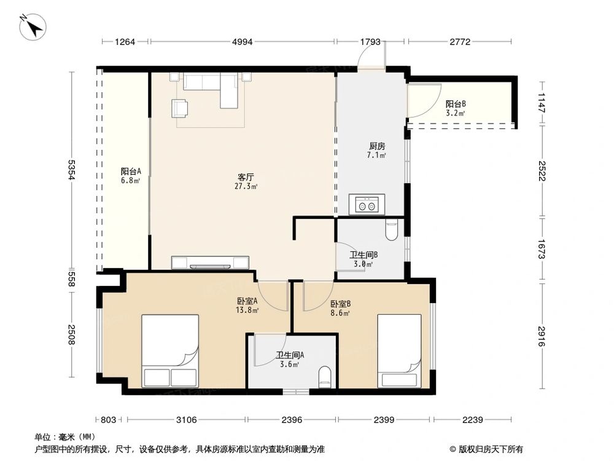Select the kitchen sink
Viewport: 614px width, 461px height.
pyautogui.click(x=367, y=205)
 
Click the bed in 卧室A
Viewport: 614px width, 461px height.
pyautogui.click(x=170, y=351)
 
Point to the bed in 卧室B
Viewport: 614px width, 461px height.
pyautogui.click(x=399, y=351)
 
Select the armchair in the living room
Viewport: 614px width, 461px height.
pyautogui.click(x=181, y=108)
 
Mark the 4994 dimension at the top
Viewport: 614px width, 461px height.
pyautogui.click(x=243, y=42)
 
